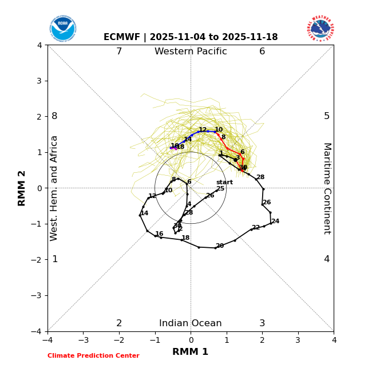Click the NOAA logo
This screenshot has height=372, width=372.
pos(62,29)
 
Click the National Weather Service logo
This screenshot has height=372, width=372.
pos(320,29)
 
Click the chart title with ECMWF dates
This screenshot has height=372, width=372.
pos(191,37)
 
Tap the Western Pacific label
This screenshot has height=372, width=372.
pos(191,52)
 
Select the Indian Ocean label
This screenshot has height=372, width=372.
pos(191,323)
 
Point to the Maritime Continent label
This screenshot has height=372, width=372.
pos(327,188)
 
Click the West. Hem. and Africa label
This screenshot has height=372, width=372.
pos(54,188)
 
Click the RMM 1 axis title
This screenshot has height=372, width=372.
pos(191,352)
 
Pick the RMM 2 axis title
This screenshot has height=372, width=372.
pos(22,188)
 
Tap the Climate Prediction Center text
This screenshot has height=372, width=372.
pos(93,356)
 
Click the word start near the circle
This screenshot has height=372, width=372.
pos(224,183)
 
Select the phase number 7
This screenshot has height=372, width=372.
pos(119,52)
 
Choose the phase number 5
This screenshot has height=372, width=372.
pos(327,116)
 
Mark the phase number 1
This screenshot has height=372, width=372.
pos(55,259)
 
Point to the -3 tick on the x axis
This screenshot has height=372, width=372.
pos(83,340)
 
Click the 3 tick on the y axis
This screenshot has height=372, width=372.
pos(39,81)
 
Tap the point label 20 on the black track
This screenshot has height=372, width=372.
pos(220,246)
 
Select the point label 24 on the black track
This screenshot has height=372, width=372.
pos(275,221)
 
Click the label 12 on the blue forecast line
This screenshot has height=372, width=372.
pos(203,130)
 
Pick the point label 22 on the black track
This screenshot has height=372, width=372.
pos(256,228)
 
